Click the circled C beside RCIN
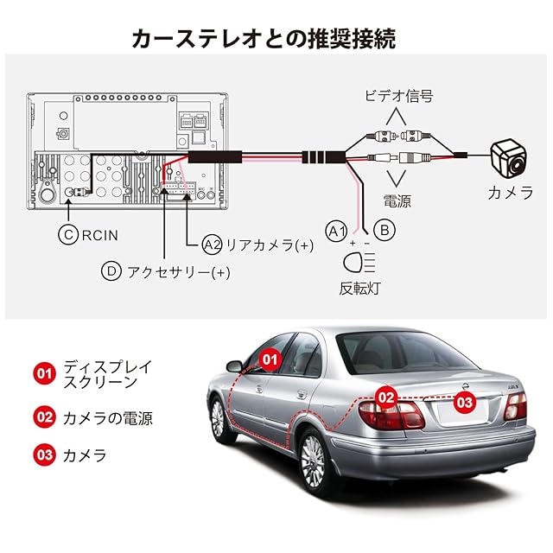coord(68,234)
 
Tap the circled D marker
coord(111,271)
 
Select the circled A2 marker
coord(212,245)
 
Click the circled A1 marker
coord(336,232)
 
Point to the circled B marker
coord(385,231)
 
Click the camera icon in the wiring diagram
coord(509,158)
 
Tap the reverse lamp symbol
coord(359,262)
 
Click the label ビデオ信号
coord(398,96)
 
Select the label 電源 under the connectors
coord(397,201)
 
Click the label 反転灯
coord(359,289)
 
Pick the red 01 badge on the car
coord(270,359)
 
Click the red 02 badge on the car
coord(386,397)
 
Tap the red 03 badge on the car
coord(465,403)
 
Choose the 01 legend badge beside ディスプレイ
coord(44,373)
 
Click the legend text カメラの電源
coord(107,418)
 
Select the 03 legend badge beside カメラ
coord(44,454)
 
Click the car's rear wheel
coord(315,461)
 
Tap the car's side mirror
coord(234,366)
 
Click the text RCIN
coord(100,235)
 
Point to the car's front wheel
coord(219,419)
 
